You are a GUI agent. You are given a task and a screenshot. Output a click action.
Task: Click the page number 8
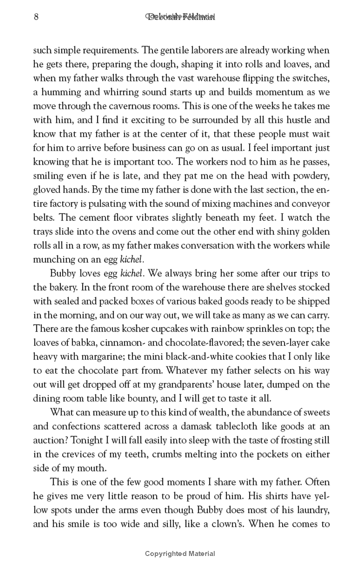tap(36, 17)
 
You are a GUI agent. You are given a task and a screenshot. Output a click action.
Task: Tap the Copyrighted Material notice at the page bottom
tap(180, 554)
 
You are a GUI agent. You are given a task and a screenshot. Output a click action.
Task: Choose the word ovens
tap(137, 232)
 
